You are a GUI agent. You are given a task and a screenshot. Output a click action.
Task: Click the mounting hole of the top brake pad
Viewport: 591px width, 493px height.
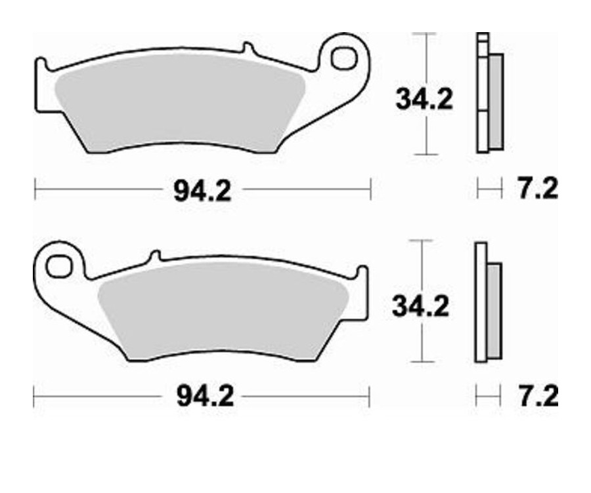pyautogui.click(x=343, y=58)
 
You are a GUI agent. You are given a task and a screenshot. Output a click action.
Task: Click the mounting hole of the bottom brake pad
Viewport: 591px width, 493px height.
pyautogui.click(x=58, y=266)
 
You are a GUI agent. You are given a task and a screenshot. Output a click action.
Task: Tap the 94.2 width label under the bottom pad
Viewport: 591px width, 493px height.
pyautogui.click(x=205, y=396)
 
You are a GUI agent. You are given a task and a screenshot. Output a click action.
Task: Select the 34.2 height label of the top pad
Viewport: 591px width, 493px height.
pyautogui.click(x=424, y=100)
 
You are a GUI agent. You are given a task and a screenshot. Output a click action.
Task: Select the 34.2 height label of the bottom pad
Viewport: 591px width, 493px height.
pyautogui.click(x=420, y=306)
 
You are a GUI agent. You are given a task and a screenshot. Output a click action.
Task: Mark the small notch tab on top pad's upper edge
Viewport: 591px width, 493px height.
pyautogui.click(x=248, y=48)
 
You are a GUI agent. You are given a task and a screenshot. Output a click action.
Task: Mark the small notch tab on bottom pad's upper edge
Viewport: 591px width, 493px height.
pyautogui.click(x=155, y=256)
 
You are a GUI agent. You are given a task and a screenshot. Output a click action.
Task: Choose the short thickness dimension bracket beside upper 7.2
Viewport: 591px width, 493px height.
pyautogui.click(x=485, y=191)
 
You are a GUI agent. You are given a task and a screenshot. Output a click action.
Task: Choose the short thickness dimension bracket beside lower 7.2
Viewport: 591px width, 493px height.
pyautogui.click(x=485, y=397)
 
